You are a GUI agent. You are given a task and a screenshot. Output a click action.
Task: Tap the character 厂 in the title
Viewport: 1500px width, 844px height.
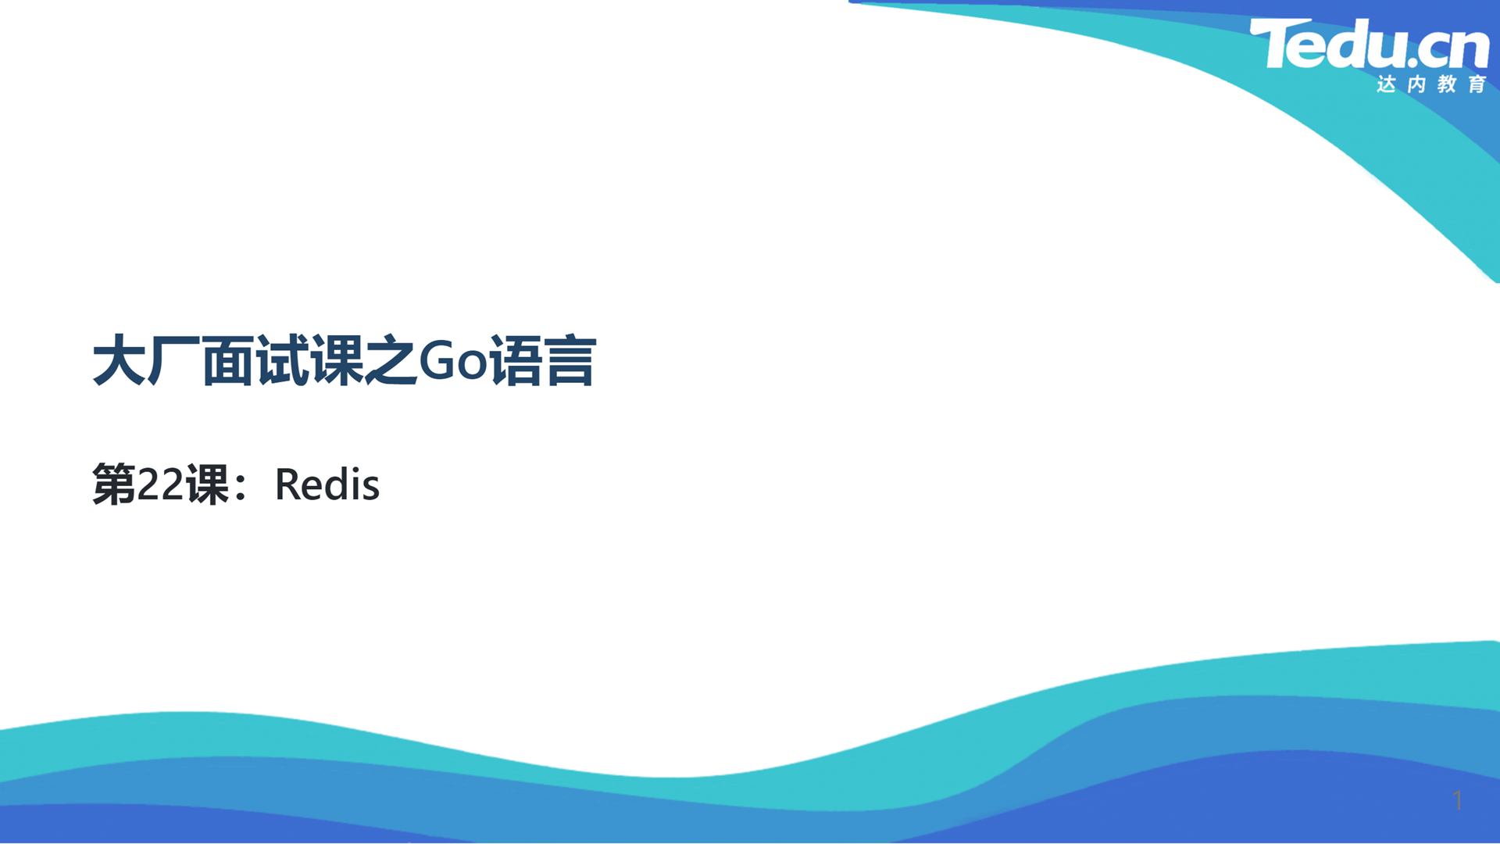[174, 360]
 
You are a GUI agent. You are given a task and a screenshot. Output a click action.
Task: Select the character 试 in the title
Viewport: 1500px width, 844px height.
[283, 360]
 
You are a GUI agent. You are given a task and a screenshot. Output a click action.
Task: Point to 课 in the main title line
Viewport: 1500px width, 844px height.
[337, 360]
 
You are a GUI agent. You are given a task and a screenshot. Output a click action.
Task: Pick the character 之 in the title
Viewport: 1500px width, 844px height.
[391, 360]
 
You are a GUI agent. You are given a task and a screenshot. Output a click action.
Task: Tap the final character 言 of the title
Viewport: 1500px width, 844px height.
[571, 360]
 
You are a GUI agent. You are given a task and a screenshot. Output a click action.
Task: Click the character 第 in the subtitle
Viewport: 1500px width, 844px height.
[114, 485]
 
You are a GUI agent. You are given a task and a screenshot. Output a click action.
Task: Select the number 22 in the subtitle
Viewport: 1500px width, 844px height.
[160, 485]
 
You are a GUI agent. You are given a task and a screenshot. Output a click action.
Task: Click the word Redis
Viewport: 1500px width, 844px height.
[327, 485]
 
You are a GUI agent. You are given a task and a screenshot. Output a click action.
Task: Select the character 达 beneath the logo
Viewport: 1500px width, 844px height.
[1387, 84]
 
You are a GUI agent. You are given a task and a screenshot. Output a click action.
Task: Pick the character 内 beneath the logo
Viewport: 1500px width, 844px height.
[1417, 84]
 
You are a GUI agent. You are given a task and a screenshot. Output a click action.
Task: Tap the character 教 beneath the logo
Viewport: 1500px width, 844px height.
[1448, 84]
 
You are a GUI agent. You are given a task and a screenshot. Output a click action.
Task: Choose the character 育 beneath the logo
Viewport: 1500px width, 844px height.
[1477, 84]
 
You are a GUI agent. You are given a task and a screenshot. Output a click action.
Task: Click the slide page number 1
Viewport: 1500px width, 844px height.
[1458, 800]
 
